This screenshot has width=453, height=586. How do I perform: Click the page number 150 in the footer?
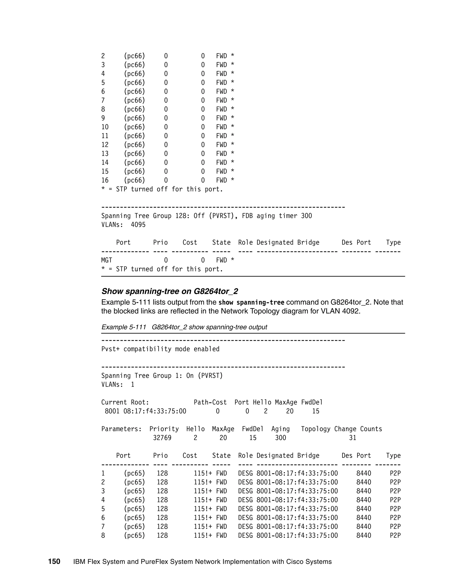54,561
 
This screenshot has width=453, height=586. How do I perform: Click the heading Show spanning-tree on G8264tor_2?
170,291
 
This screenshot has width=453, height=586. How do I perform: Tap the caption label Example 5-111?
123,327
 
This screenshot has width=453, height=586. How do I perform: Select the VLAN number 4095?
138,225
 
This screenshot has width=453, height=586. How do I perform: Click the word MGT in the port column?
107,260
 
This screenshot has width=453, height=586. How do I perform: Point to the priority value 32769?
162,438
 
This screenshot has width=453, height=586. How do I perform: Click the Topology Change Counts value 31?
352,438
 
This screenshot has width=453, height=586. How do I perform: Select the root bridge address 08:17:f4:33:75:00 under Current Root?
155,411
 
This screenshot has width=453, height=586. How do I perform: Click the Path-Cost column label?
210,402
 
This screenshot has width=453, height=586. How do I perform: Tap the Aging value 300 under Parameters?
280,438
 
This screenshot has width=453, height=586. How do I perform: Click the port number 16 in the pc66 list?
105,180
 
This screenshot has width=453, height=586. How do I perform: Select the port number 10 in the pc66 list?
105,127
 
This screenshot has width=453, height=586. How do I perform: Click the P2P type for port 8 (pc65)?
395,536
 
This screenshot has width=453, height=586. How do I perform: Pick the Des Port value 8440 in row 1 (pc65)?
364,474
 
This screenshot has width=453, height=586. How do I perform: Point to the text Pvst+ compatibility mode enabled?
160,349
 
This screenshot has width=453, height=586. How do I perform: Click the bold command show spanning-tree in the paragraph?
251,303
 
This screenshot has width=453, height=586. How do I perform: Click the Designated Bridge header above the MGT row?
288,243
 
